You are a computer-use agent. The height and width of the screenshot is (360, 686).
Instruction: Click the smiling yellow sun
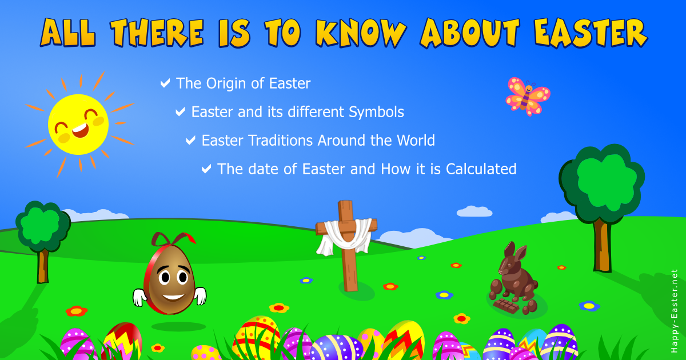(78, 124)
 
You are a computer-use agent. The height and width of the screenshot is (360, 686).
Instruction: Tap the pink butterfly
(527, 96)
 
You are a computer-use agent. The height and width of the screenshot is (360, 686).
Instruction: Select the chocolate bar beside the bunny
(506, 306)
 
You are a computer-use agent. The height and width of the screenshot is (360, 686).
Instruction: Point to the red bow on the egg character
(173, 239)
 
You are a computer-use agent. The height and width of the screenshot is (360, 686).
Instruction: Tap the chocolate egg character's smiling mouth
(173, 297)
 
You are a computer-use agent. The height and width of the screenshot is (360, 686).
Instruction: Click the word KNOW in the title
(361, 33)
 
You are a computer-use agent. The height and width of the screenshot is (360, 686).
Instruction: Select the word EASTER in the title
(591, 33)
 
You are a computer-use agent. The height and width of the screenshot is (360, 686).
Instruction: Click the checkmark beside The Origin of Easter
(165, 83)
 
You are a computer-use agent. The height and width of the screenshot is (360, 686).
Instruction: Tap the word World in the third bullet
(416, 141)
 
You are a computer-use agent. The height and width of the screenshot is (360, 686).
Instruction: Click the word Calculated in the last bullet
(481, 169)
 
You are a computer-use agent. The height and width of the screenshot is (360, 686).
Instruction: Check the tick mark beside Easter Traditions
(190, 140)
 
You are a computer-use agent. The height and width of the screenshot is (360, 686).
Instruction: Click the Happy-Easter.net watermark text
(674, 311)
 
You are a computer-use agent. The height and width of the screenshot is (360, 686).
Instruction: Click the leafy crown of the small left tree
(43, 226)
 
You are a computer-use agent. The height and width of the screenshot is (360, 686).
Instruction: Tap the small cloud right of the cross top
(474, 211)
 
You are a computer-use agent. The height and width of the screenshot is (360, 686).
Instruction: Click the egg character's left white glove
(139, 297)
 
